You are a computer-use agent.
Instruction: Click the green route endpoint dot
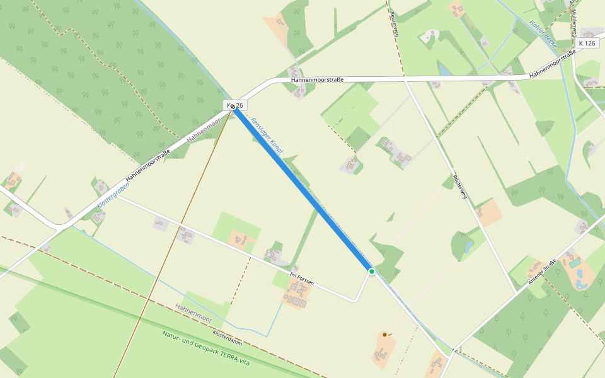(x=372, y=272)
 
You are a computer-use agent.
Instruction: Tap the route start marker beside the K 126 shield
(x=233, y=106)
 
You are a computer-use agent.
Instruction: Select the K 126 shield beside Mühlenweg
(x=586, y=43)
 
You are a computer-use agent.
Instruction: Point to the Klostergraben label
(x=113, y=195)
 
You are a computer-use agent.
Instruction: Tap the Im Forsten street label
(x=301, y=278)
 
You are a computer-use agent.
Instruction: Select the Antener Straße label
(x=544, y=270)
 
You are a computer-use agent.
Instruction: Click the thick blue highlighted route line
(x=302, y=189)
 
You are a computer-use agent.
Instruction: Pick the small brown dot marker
(x=384, y=335)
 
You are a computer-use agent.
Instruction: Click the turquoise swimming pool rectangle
(x=574, y=261)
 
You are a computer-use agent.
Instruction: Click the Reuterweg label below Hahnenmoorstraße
(x=459, y=187)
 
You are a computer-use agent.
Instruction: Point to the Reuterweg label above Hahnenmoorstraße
(x=395, y=24)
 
